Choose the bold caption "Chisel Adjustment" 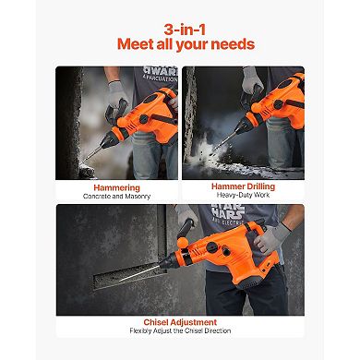click(179, 322)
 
